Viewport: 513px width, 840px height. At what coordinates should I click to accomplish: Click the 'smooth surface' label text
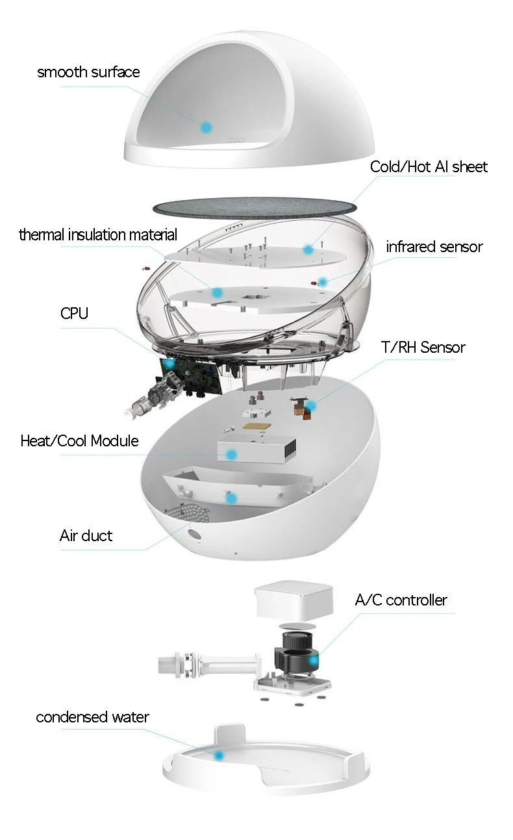(x=88, y=72)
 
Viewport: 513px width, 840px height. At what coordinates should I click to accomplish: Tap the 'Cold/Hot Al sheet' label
(x=429, y=167)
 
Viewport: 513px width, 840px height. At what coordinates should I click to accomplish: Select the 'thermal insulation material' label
(x=98, y=235)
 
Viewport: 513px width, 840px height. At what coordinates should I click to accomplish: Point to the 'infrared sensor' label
(x=434, y=247)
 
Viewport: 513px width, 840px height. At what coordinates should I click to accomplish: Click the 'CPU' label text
(x=74, y=314)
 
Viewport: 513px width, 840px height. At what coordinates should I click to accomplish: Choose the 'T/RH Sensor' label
(x=423, y=348)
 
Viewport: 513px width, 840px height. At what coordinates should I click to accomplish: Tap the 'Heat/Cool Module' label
(x=80, y=441)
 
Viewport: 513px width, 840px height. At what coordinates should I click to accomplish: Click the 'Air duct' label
(x=86, y=536)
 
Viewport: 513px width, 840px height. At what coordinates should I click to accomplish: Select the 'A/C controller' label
(x=401, y=600)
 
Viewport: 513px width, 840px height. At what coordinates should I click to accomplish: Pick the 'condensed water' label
(x=92, y=717)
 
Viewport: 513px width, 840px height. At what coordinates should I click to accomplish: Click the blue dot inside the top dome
(x=206, y=127)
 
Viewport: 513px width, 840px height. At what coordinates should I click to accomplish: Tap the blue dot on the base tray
(x=219, y=756)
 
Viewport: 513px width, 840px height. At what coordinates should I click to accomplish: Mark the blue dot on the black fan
(x=314, y=661)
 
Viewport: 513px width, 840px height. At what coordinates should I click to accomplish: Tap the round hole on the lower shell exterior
(x=193, y=534)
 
